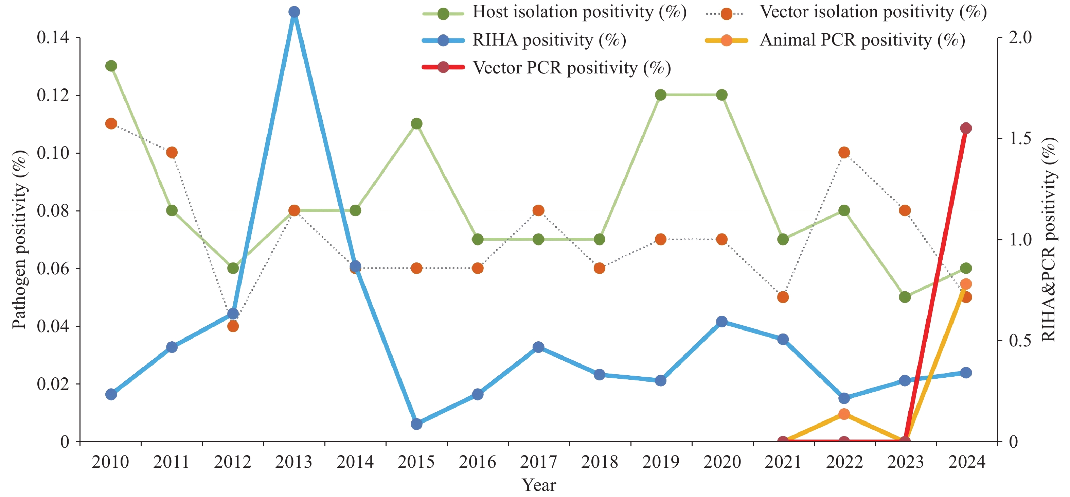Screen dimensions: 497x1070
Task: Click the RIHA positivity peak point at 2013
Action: [x=294, y=12]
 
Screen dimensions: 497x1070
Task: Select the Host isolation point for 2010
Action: [x=111, y=66]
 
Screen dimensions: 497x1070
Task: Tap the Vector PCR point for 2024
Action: [x=966, y=128]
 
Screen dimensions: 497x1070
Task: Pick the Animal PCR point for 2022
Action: [x=844, y=414]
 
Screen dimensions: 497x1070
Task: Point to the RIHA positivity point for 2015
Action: [x=416, y=424]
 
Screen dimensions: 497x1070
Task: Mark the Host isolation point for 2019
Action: [x=660, y=95]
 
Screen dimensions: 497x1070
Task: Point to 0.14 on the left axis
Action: [x=53, y=37]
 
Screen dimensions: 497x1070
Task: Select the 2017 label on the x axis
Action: [x=538, y=462]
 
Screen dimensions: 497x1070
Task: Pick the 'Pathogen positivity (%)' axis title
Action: [x=19, y=239]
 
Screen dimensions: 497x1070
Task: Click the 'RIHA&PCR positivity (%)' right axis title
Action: [x=1049, y=239]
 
